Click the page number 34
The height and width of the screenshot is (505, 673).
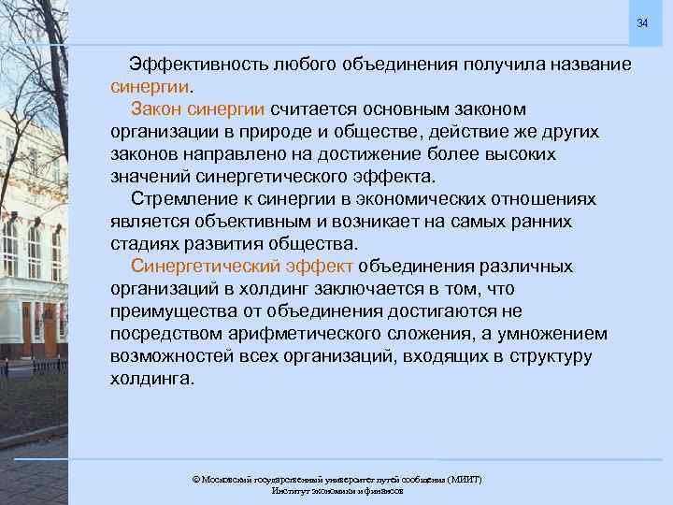click(x=642, y=22)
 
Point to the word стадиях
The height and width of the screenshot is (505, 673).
click(x=143, y=244)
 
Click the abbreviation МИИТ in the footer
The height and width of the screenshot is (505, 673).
click(x=465, y=479)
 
